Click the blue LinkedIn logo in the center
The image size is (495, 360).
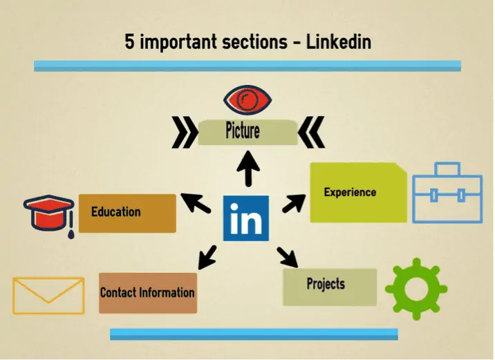tap(246, 218)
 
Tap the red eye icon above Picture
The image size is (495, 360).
tap(247, 100)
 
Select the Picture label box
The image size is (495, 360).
tap(247, 132)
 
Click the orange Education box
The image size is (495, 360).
tap(127, 214)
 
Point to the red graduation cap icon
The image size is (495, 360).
tap(49, 214)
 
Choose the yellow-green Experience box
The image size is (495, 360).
tap(358, 193)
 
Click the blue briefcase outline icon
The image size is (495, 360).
tap(447, 193)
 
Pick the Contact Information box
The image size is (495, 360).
tap(148, 293)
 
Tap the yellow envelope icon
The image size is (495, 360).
tap(48, 296)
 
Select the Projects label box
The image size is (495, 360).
tap(330, 287)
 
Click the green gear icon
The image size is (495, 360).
tap(416, 289)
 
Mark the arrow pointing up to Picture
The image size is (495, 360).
tap(248, 169)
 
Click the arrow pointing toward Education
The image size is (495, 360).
tap(196, 203)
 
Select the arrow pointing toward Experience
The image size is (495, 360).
tap(294, 204)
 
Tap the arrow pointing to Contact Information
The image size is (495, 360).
tap(207, 257)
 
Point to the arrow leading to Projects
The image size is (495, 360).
tap(288, 257)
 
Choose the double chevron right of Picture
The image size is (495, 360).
tap(311, 132)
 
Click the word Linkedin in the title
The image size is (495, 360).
tap(339, 42)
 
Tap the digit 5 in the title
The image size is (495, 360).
tap(129, 42)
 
